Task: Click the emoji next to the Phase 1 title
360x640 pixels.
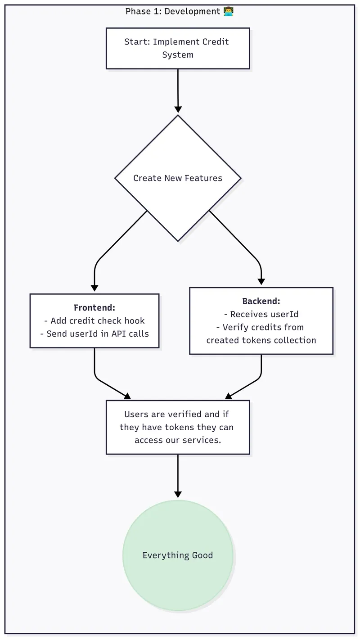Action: click(x=229, y=11)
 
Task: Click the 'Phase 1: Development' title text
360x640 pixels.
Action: click(x=173, y=11)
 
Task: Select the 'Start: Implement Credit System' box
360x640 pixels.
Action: click(x=178, y=48)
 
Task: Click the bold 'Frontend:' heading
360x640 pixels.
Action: click(x=94, y=308)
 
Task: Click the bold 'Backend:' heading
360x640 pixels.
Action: click(x=261, y=301)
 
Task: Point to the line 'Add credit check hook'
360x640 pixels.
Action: click(x=94, y=321)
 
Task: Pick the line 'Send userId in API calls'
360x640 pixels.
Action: click(x=94, y=334)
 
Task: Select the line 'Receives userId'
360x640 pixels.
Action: click(x=261, y=314)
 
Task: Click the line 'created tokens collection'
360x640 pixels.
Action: click(x=261, y=340)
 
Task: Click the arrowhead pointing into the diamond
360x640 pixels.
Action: click(x=178, y=109)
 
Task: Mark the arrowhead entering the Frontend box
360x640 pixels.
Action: click(x=94, y=288)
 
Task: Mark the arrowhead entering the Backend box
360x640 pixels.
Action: click(x=261, y=281)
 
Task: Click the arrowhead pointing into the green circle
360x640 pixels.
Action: click(x=178, y=495)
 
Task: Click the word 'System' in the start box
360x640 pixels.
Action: click(x=178, y=55)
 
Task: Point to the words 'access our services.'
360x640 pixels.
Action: click(x=178, y=440)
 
